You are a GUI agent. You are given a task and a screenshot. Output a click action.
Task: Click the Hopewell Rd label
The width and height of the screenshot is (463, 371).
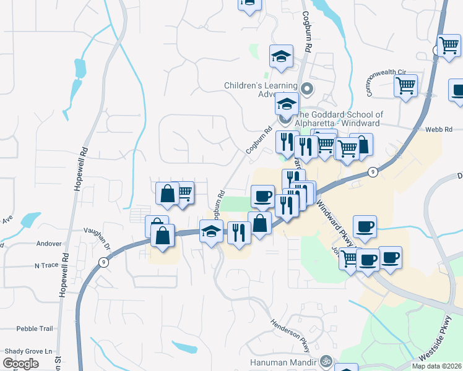[78, 169]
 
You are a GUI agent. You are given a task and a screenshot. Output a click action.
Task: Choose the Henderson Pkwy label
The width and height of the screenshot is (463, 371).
[288, 333]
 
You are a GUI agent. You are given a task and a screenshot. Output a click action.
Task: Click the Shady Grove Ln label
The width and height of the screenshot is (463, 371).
[28, 351]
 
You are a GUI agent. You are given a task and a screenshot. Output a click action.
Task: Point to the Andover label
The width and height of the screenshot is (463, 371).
[49, 244]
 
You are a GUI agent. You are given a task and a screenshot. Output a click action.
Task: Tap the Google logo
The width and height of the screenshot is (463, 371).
[21, 363]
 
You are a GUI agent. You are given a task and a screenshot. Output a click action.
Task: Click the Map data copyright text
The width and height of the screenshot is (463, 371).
[437, 366]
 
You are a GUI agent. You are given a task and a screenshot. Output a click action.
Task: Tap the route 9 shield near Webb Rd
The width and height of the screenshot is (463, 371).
[372, 171]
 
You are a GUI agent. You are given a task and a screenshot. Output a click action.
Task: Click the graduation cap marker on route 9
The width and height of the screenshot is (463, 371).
[211, 231]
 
